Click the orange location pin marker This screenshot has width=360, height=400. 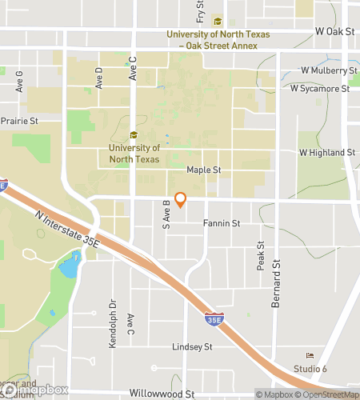(x=181, y=199)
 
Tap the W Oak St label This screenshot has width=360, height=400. (x=334, y=31)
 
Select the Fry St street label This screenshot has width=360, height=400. (x=201, y=11)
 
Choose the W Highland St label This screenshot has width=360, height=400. (x=327, y=152)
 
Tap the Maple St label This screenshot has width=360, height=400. (x=203, y=170)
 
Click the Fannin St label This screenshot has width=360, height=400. (x=222, y=223)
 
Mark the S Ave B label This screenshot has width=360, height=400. (x=167, y=214)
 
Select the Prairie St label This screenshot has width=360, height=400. (x=19, y=121)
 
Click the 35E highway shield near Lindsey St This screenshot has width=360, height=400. (x=211, y=319)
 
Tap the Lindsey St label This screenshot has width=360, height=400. (x=192, y=347)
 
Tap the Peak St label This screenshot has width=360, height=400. (x=261, y=256)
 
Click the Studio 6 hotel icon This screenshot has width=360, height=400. (x=310, y=355)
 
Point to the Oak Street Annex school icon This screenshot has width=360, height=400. (x=218, y=22)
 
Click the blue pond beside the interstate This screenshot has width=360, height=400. (x=70, y=264)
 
